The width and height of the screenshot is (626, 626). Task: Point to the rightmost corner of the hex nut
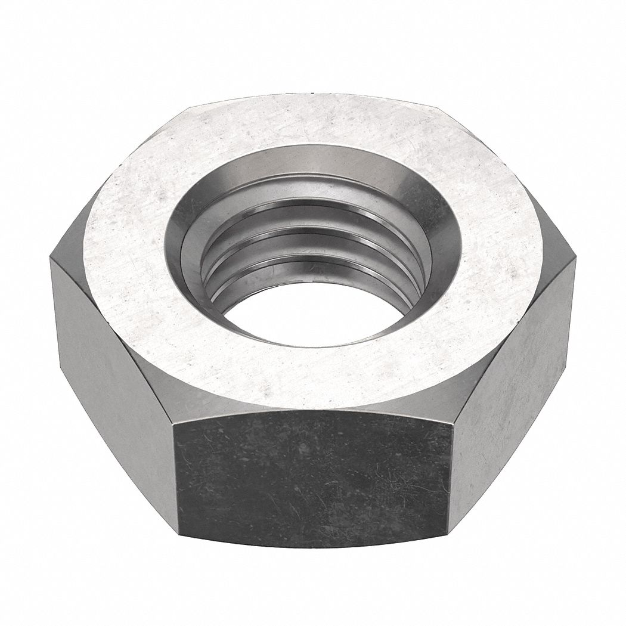pos(577,258)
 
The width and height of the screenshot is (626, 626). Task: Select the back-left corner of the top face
pos(190,109)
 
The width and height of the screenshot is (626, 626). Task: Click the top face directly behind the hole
pos(313,122)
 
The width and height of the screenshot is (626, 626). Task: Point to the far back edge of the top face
pos(313,95)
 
